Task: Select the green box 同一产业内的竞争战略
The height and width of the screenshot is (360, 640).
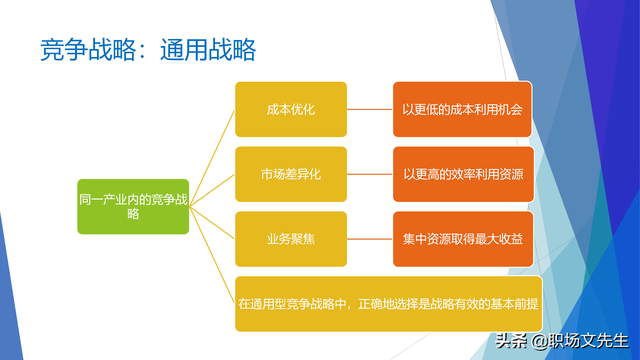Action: [x=133, y=206]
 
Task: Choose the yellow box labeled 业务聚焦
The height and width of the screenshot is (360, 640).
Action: [x=291, y=239]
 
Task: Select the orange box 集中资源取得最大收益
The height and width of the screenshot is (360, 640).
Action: [x=463, y=239]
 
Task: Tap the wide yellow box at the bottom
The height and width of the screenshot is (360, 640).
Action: [x=388, y=303]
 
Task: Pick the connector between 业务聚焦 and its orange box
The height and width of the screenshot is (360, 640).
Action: [x=370, y=239]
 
